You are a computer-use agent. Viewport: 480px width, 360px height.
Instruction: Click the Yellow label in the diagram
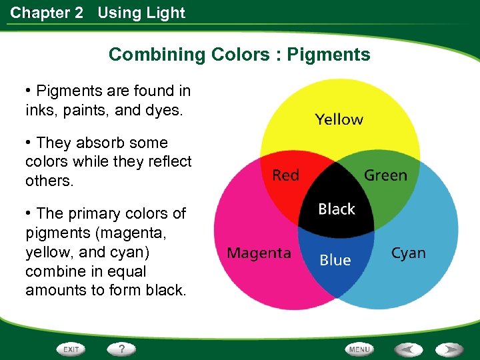(339, 120)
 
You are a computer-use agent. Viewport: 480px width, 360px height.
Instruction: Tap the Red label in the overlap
(285, 175)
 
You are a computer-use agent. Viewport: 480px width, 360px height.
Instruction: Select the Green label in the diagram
(385, 175)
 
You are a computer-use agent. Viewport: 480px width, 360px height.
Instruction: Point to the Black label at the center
(337, 209)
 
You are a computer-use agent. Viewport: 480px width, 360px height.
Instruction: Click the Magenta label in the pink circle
(259, 253)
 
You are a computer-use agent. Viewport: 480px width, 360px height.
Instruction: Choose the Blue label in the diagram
(335, 260)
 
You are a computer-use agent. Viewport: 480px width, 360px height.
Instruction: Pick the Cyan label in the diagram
(408, 253)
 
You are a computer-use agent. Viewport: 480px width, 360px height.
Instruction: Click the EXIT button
(71, 349)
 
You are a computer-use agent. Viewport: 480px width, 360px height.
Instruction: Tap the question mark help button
(121, 349)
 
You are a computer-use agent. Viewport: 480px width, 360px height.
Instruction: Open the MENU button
(359, 349)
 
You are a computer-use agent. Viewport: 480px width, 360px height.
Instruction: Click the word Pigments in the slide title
(329, 55)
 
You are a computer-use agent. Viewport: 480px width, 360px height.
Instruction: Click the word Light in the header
(168, 13)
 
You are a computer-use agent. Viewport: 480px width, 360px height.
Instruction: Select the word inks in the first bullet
(39, 110)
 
